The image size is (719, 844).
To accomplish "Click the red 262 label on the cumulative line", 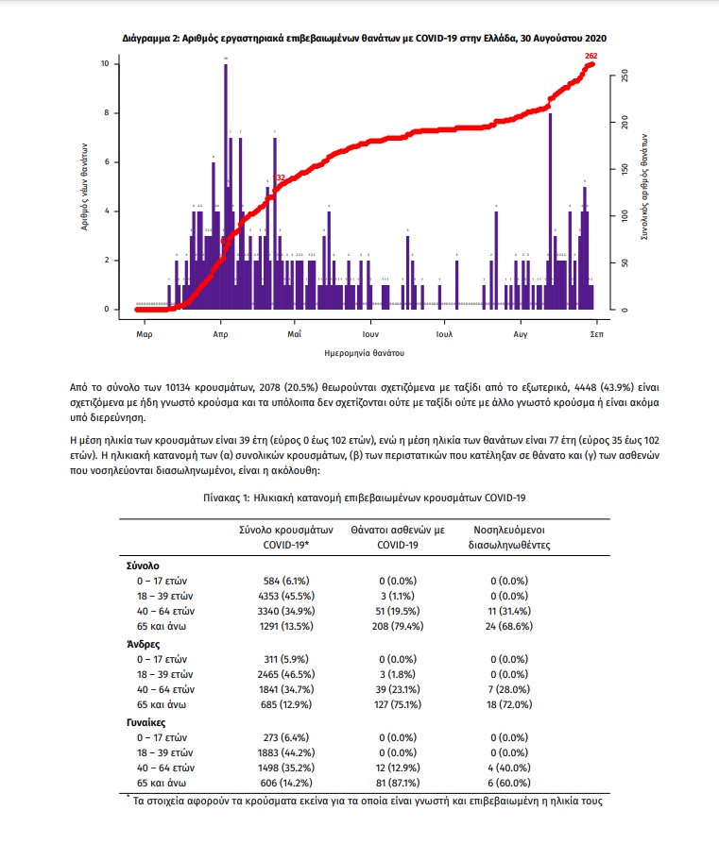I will pyautogui.click(x=591, y=57).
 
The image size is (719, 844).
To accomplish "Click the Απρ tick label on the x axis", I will pyautogui.click(x=220, y=334).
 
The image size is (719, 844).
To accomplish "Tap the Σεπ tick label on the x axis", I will pyautogui.click(x=597, y=334).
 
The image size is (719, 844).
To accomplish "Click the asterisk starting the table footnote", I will pyautogui.click(x=128, y=799).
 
